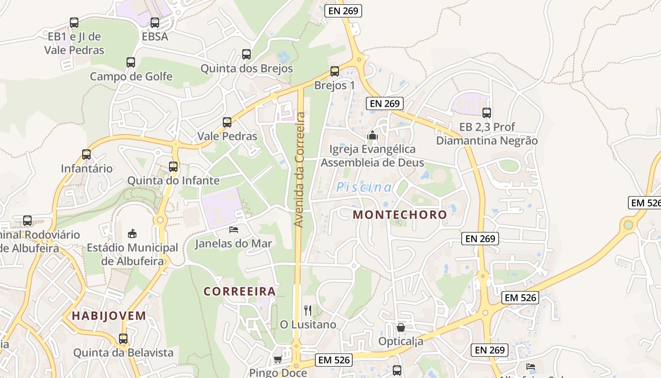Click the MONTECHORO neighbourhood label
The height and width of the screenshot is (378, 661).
(x=399, y=215)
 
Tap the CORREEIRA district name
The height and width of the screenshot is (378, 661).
(x=239, y=291)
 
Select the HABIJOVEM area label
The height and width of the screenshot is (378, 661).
(x=109, y=316)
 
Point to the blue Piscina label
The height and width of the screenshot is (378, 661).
(x=364, y=188)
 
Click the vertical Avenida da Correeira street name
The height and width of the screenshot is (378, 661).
(x=299, y=169)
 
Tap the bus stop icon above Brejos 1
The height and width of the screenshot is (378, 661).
(x=335, y=71)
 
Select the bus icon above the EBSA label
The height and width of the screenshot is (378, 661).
(x=155, y=22)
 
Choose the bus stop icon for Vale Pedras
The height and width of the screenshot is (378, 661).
(x=227, y=122)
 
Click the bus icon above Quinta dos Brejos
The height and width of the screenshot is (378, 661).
(x=246, y=54)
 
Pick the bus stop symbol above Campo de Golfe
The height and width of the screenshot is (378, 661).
(x=131, y=62)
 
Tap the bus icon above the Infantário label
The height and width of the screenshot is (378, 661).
(x=86, y=154)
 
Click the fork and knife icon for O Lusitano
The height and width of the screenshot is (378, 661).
(x=308, y=310)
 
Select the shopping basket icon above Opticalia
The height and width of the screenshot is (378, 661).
(x=401, y=327)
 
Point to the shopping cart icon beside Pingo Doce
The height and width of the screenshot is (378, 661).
(x=278, y=359)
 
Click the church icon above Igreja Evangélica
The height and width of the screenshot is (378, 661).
(x=373, y=135)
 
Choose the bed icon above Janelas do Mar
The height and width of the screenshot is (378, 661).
(x=234, y=230)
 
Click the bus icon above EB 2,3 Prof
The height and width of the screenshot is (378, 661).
(x=487, y=112)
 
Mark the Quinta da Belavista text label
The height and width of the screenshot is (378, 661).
(x=123, y=352)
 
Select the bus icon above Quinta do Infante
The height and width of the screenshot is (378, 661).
(x=173, y=166)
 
